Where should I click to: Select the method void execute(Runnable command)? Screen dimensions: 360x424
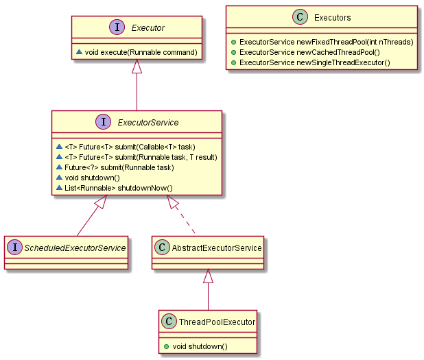click(x=141, y=52)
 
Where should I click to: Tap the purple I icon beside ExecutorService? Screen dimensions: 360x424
click(x=103, y=122)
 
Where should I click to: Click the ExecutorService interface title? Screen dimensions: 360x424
click(x=148, y=123)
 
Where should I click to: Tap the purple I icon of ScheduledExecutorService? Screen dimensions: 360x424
click(x=15, y=247)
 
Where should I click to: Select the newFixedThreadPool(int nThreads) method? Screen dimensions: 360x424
click(x=326, y=42)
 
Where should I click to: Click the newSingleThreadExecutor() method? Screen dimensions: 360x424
click(x=314, y=62)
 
